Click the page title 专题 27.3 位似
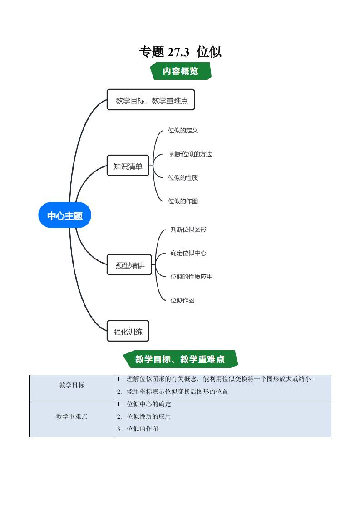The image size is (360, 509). pyautogui.click(x=180, y=52)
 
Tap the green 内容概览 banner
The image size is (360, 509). pyautogui.click(x=181, y=71)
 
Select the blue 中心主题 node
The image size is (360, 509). pyautogui.click(x=65, y=216)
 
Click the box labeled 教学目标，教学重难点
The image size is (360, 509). pyautogui.click(x=151, y=100)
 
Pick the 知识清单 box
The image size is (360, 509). pyautogui.click(x=128, y=166)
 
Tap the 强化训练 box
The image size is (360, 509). pyautogui.click(x=128, y=332)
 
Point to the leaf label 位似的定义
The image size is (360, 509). pyautogui.click(x=183, y=131)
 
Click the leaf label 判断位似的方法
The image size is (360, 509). pyautogui.click(x=191, y=154)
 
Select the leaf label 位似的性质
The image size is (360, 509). pyautogui.click(x=183, y=178)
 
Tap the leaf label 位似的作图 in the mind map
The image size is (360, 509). pyautogui.click(x=183, y=201)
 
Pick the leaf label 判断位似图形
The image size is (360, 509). pyautogui.click(x=188, y=230)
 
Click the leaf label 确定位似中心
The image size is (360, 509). pyautogui.click(x=188, y=253)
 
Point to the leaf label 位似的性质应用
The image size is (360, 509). pyautogui.click(x=191, y=276)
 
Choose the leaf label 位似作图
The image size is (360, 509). pyautogui.click(x=182, y=300)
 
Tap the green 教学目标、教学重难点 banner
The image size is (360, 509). pyautogui.click(x=180, y=359)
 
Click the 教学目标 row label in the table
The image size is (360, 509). pyautogui.click(x=72, y=386)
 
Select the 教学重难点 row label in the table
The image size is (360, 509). pyautogui.click(x=72, y=416)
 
